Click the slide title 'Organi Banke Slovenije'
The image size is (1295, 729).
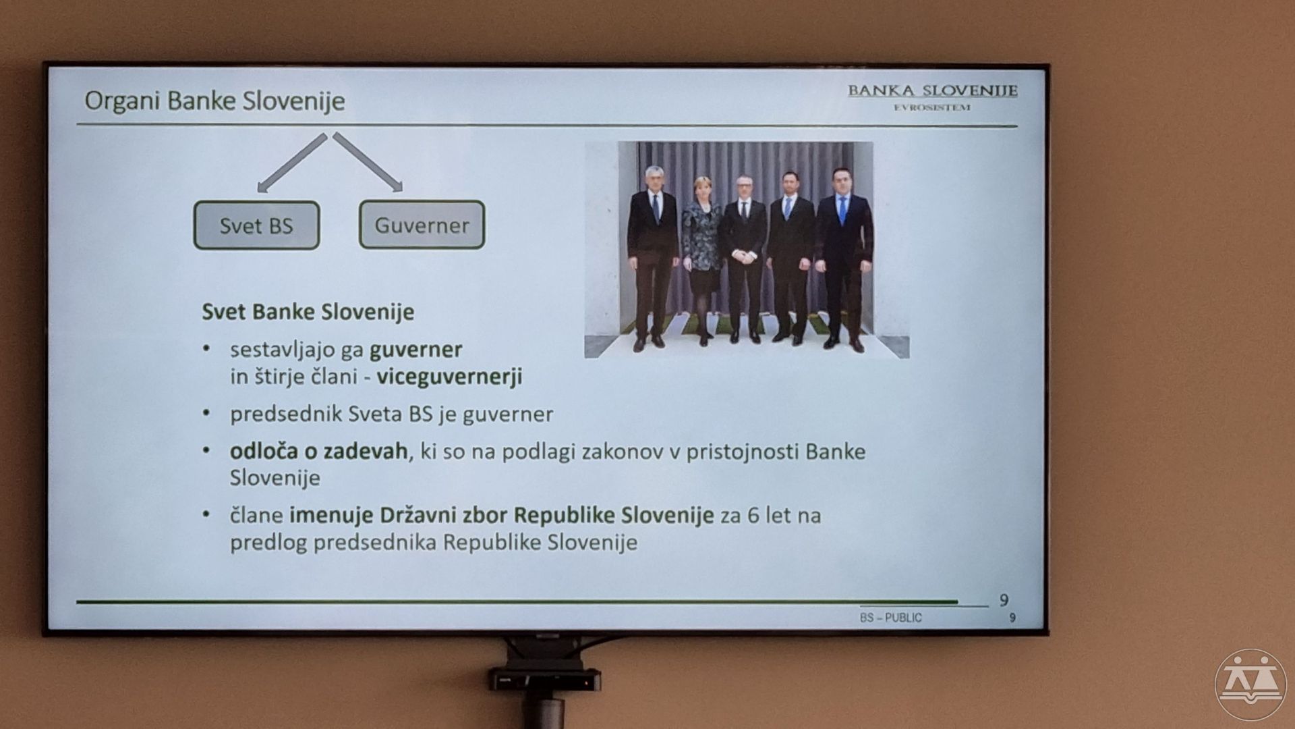(214, 101)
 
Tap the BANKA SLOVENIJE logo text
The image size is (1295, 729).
(932, 90)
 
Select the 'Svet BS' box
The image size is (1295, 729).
(256, 225)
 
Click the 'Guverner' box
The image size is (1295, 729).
(422, 225)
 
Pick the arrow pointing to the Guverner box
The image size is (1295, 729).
(368, 163)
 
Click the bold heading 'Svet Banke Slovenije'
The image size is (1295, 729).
(308, 312)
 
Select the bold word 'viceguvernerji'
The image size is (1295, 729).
(450, 377)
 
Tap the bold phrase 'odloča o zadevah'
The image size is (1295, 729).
(319, 450)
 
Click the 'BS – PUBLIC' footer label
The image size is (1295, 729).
(890, 618)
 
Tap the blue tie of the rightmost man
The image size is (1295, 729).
(842, 210)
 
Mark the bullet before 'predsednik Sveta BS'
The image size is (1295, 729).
(208, 413)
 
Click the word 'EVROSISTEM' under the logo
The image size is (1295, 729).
(932, 107)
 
